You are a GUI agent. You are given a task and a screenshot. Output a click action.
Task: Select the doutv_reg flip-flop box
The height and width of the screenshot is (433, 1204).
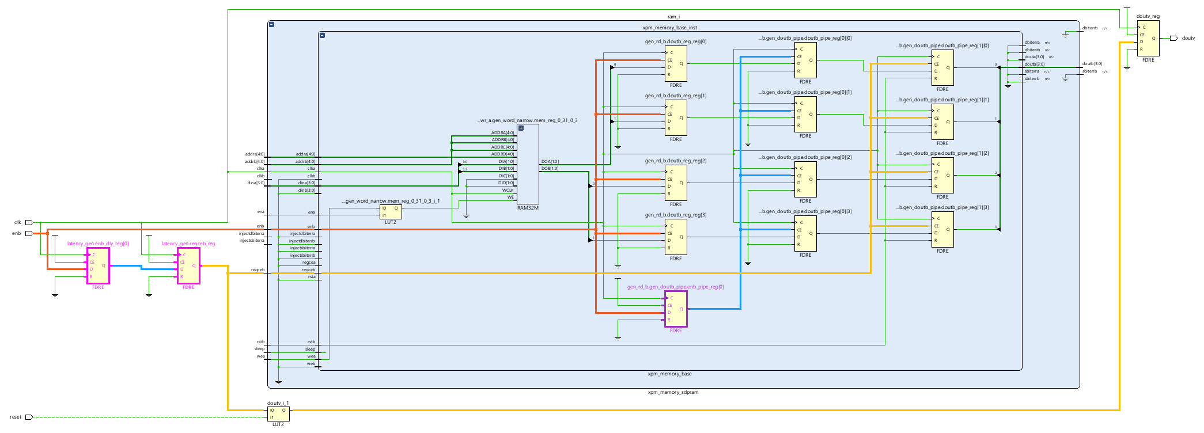[x=1148, y=39]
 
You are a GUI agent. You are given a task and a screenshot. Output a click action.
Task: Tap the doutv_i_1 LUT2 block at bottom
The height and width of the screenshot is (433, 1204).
[x=278, y=414]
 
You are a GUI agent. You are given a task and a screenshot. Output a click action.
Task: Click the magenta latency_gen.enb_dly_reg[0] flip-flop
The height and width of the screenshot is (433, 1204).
[x=98, y=265]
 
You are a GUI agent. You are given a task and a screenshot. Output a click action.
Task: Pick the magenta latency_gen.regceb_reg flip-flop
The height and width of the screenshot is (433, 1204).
[x=188, y=265]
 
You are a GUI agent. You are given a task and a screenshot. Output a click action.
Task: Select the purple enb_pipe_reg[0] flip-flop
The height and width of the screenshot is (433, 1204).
[x=676, y=309]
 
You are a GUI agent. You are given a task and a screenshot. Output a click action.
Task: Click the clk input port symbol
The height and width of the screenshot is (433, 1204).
[x=29, y=222]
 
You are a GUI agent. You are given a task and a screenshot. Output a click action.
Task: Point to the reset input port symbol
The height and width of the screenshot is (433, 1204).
[x=29, y=417]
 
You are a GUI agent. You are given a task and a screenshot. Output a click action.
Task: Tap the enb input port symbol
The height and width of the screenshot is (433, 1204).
[x=29, y=233]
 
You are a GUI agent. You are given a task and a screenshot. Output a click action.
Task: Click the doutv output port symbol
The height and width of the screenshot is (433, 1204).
[x=1173, y=39]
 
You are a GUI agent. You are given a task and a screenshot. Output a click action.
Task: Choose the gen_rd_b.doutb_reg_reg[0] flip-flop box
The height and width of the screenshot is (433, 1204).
[x=676, y=63]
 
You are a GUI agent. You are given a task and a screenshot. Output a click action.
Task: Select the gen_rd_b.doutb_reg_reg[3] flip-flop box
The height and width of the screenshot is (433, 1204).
[x=676, y=237]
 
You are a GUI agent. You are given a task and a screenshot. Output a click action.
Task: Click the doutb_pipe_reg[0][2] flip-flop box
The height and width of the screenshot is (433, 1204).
[x=805, y=179]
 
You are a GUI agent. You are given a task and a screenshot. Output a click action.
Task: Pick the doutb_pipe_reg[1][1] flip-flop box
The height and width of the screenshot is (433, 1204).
[x=942, y=121]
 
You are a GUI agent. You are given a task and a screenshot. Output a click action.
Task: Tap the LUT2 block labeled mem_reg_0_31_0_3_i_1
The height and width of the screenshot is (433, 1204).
[x=391, y=212]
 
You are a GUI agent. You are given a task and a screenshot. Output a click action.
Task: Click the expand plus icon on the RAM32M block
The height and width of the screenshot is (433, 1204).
[x=521, y=128]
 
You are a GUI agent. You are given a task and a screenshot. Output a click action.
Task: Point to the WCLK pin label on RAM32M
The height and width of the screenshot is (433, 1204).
[x=508, y=190]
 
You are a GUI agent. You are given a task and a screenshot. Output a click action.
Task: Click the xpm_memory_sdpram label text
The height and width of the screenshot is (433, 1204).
[x=673, y=392]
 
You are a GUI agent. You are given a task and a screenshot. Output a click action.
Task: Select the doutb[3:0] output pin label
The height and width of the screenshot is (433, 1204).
[x=1092, y=64]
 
